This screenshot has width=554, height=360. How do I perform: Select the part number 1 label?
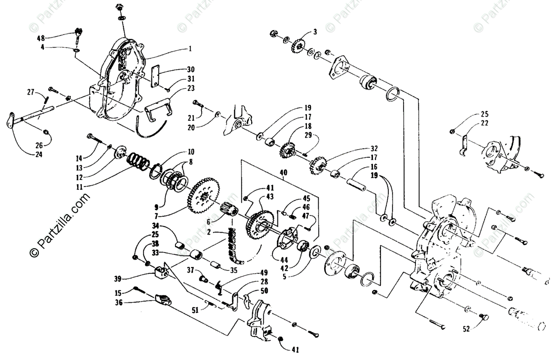tap(177, 48)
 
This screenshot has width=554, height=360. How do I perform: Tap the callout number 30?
tap(178, 70)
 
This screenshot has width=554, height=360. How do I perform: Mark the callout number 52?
tap(467, 329)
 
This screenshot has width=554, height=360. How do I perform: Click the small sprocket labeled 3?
tap(298, 46)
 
